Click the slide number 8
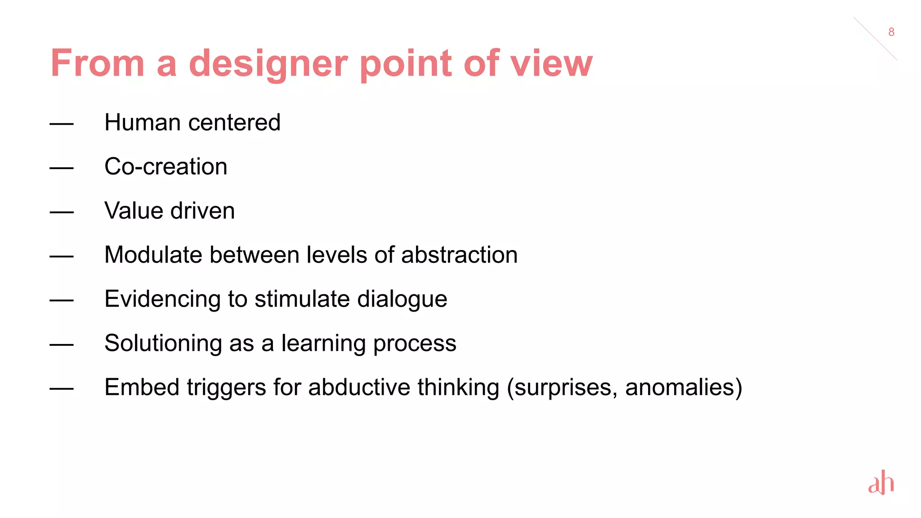click(x=891, y=32)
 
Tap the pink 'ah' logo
click(x=881, y=483)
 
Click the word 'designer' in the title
click(x=268, y=64)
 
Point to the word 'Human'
click(x=143, y=122)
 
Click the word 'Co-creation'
click(x=166, y=166)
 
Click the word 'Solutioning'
click(x=163, y=344)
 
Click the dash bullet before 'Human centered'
click(x=62, y=124)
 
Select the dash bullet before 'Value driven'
click(x=62, y=212)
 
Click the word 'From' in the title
click(x=98, y=64)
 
